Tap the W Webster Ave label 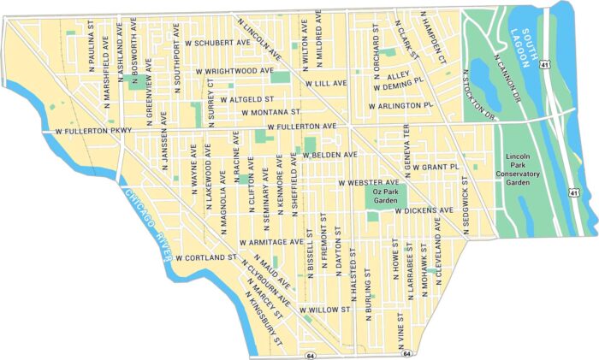[369, 183]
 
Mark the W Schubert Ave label [215, 42]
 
